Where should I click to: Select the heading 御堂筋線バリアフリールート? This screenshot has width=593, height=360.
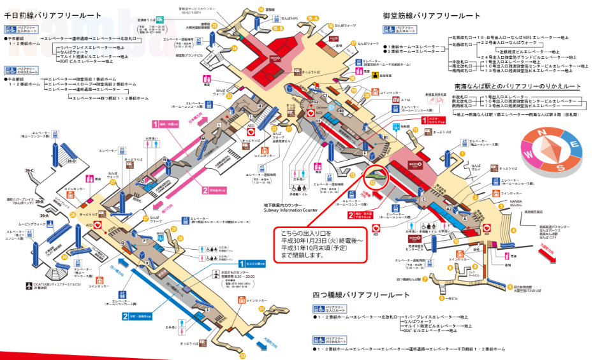[x=432, y=15]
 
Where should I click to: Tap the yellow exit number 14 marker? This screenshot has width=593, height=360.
[x=261, y=9]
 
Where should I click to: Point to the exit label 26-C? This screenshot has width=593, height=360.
[x=29, y=170]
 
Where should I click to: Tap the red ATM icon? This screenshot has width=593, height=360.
[x=396, y=100]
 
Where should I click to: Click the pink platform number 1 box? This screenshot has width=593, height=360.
[x=154, y=124]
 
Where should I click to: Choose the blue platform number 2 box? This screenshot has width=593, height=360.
[x=125, y=315]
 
